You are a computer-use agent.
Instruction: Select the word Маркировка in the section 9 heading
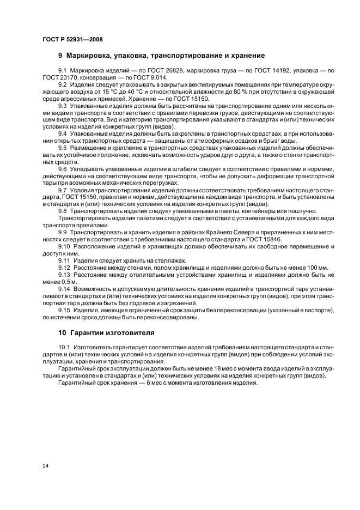tap(93, 56)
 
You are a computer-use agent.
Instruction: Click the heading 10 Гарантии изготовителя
tap(106, 332)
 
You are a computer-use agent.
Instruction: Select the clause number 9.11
tap(64, 260)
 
